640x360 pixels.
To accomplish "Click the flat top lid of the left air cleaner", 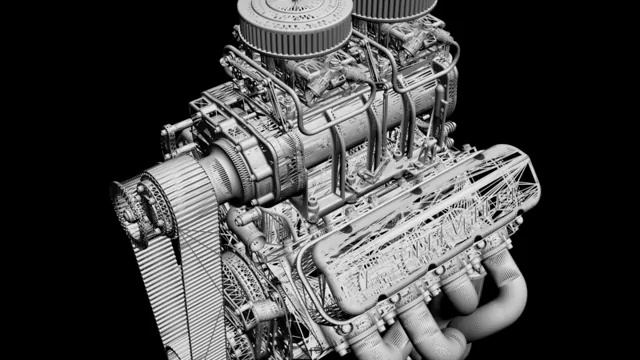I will click(x=290, y=12).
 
